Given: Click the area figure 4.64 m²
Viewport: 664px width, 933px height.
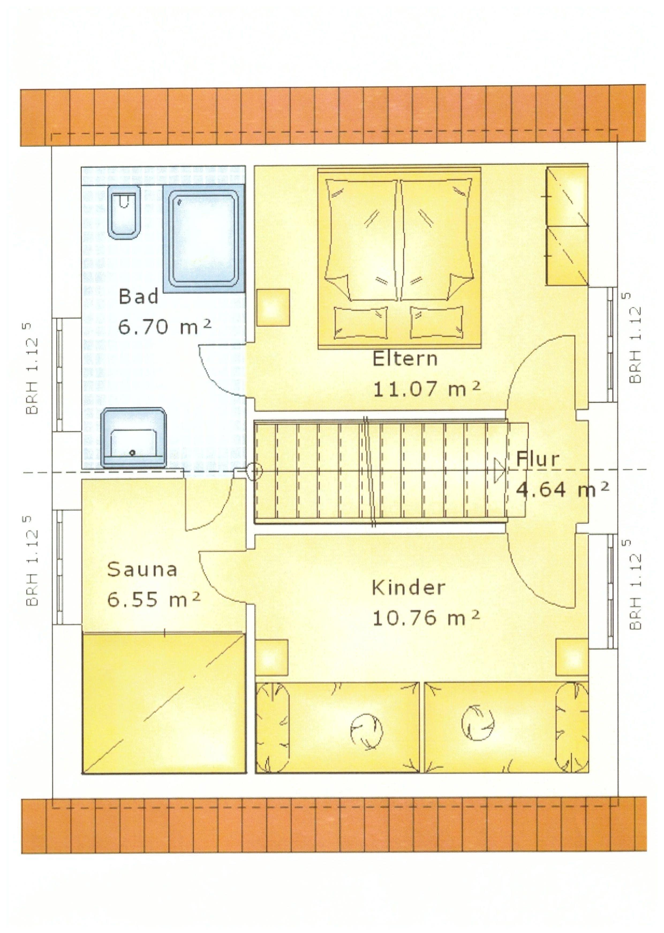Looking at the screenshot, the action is point(563,489).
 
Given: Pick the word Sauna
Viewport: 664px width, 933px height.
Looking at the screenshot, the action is point(142,569).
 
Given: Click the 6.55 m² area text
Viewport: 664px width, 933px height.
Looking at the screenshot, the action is point(154,599).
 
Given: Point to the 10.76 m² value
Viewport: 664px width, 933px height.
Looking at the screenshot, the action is point(426,618).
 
